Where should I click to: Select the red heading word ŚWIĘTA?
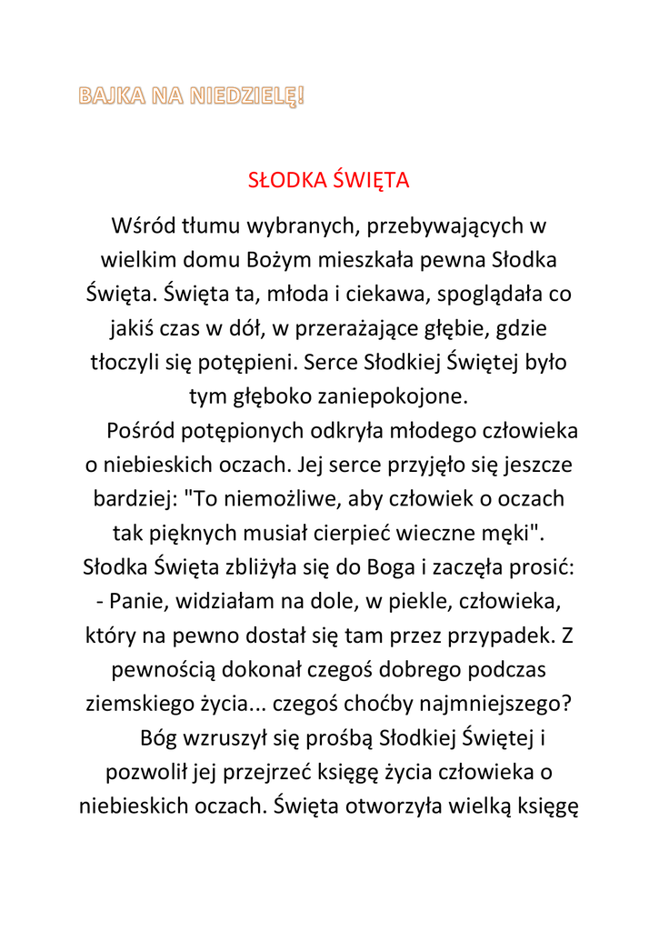(x=371, y=180)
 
